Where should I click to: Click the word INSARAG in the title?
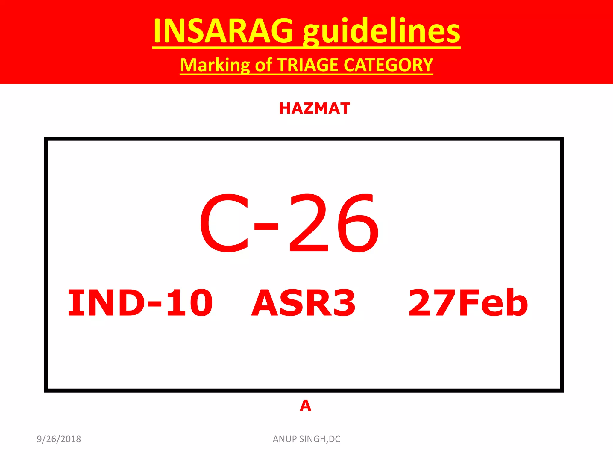pyautogui.click(x=223, y=31)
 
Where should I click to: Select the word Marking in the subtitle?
pyautogui.click(x=215, y=65)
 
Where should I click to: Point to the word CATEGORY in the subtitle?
pyautogui.click(x=389, y=65)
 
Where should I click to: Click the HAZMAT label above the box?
pyautogui.click(x=314, y=108)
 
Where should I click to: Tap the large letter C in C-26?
pyautogui.click(x=224, y=223)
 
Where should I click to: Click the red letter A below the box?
pyautogui.click(x=305, y=406)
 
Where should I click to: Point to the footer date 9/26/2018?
pyautogui.click(x=59, y=439)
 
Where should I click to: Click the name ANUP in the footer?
pyautogui.click(x=285, y=439)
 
